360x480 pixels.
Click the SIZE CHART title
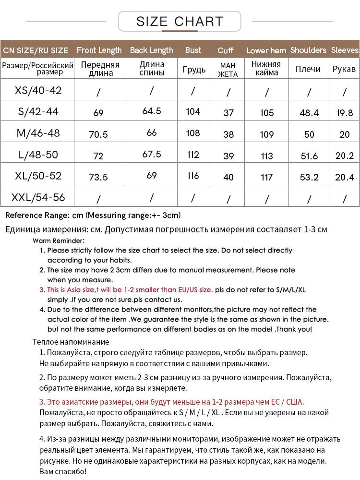pos(180,22)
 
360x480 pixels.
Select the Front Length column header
pos(99,50)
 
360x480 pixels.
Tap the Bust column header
pos(193,50)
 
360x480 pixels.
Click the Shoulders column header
pos(308,50)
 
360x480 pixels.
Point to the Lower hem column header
pos(266,50)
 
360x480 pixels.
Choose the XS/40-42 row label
pos(38,90)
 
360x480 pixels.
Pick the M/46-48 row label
pos(38,133)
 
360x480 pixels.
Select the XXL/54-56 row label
pos(38,197)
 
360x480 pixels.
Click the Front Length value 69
pos(98,113)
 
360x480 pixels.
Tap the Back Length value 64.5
pos(152,111)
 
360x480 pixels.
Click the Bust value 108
pos(193,133)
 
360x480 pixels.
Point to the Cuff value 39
pos(228,156)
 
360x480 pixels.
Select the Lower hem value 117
pos(266,177)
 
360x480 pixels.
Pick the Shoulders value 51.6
pos(309,156)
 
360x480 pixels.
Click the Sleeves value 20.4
pos(345,177)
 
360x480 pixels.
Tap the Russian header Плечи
pos(308,69)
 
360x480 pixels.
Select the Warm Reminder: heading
pos(59,240)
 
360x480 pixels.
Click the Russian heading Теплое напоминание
pos(71,342)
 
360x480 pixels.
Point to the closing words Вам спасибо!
pos(62,472)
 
